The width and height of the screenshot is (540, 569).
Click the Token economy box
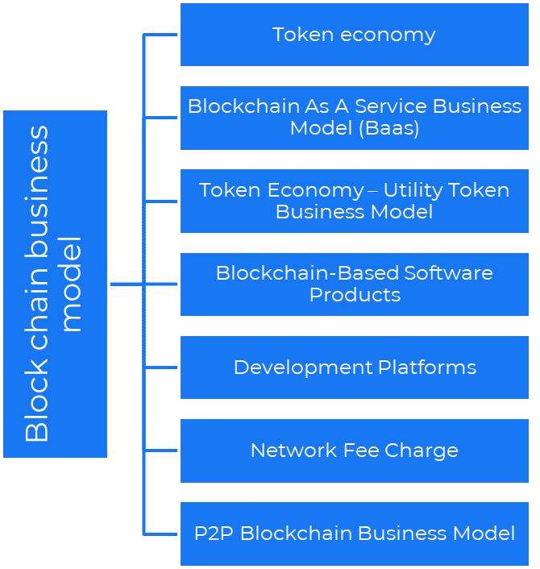tap(354, 35)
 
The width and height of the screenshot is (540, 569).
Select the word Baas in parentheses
tap(390, 128)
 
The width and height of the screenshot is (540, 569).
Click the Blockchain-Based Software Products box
tap(354, 284)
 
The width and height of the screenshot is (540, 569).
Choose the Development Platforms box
tap(354, 368)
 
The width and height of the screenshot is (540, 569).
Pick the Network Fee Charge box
tap(354, 451)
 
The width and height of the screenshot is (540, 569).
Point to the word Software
tap(449, 273)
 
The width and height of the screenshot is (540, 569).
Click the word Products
tap(355, 295)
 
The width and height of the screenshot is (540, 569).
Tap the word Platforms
tap(427, 368)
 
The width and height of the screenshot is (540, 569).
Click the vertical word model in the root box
tap(72, 284)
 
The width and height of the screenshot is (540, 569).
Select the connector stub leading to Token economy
tap(160, 35)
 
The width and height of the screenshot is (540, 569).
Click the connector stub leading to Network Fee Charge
tap(160, 451)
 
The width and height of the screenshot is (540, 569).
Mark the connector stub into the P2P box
tap(160, 534)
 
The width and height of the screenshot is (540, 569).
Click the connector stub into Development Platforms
tap(160, 368)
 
